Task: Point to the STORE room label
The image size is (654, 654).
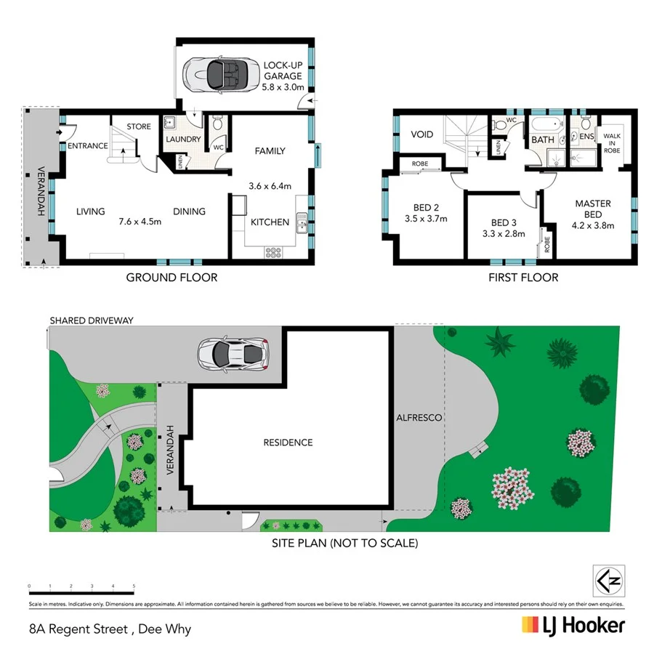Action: pyautogui.click(x=139, y=126)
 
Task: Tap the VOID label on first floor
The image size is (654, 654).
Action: pyautogui.click(x=422, y=134)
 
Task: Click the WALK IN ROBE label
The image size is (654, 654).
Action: pyautogui.click(x=612, y=144)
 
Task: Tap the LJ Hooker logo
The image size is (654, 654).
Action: pyautogui.click(x=573, y=626)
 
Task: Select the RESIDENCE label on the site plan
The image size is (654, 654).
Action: pyautogui.click(x=288, y=443)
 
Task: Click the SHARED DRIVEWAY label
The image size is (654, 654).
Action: pyautogui.click(x=91, y=320)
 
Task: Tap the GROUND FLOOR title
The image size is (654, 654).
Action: pyautogui.click(x=171, y=277)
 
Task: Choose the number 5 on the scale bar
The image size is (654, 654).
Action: pyautogui.click(x=134, y=585)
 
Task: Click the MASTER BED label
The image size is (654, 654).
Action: pyautogui.click(x=593, y=209)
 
